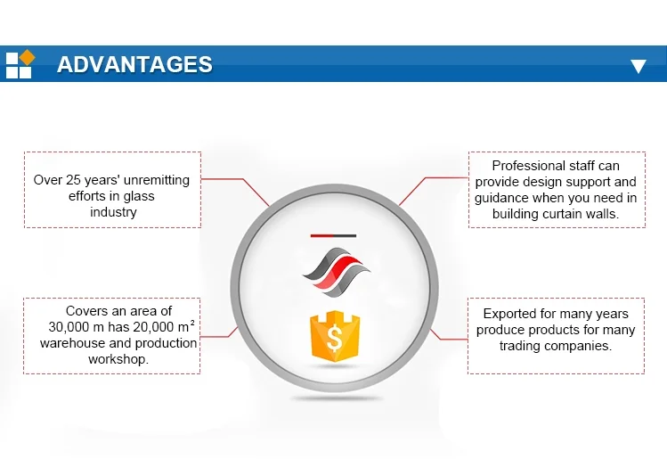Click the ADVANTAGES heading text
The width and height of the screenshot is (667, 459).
click(134, 64)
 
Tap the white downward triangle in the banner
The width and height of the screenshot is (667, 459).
click(639, 67)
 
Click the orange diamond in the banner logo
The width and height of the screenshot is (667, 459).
click(27, 57)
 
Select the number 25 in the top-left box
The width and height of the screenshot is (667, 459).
click(73, 180)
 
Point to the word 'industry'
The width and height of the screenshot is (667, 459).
click(113, 212)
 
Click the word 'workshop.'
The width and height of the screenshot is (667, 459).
click(118, 359)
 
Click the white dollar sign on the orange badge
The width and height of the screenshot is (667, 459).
click(335, 337)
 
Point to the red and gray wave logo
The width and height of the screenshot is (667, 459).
click(336, 271)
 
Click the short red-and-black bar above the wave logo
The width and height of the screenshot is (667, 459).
click(333, 235)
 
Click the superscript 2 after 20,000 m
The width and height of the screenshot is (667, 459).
click(192, 323)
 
